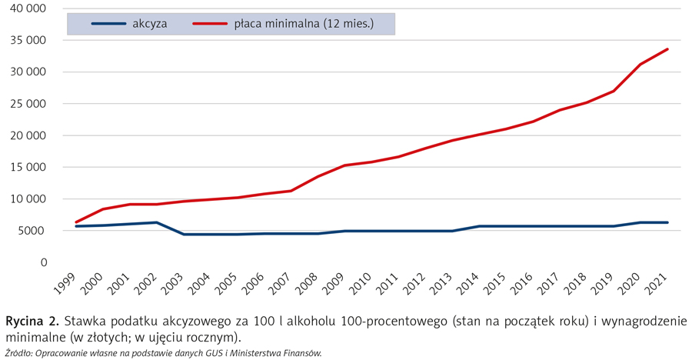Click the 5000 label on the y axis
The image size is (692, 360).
coord(33,231)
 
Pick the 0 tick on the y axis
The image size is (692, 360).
coord(43,262)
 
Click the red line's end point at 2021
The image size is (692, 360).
coord(667,49)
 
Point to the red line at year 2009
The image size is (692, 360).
coord(345,165)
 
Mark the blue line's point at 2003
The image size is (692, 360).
coord(184,234)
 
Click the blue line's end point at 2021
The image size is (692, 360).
coord(667,222)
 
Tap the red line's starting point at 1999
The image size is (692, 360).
coord(76,222)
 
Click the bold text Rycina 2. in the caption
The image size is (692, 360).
coord(32,320)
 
